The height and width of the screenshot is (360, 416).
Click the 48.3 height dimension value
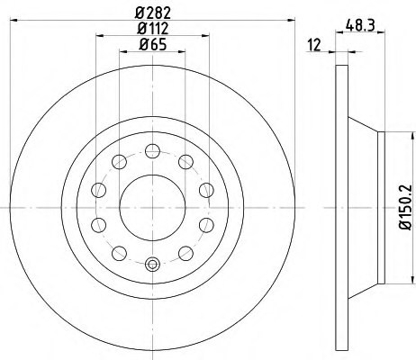358,27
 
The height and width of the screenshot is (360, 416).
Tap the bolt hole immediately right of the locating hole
185,253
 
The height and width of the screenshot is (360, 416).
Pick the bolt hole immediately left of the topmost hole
119,161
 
